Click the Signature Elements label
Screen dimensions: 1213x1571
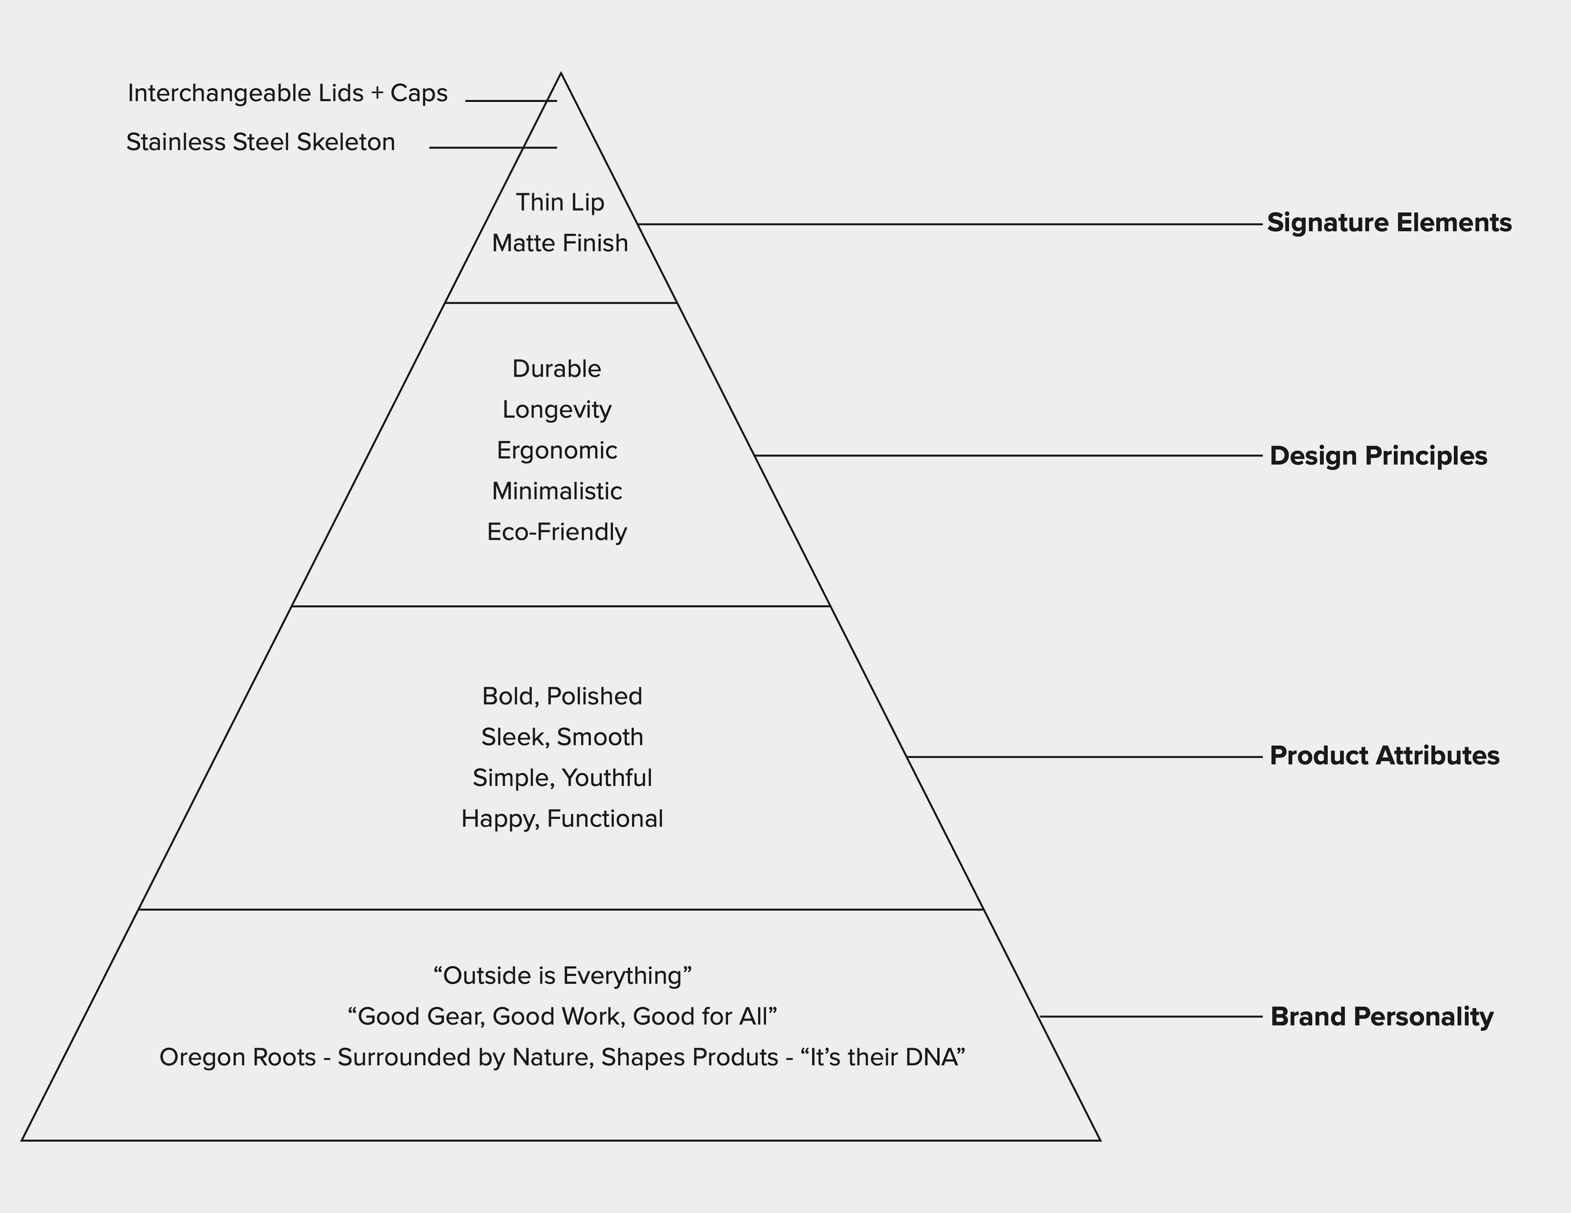(1389, 223)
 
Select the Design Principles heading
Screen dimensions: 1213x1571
(1378, 456)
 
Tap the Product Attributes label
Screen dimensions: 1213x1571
(1384, 756)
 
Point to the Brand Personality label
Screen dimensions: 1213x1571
(1382, 1017)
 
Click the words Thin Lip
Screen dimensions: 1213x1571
(560, 203)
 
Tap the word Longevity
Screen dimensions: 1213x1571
(557, 410)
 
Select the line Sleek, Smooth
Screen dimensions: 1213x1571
(562, 738)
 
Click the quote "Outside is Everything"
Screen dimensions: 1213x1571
(562, 976)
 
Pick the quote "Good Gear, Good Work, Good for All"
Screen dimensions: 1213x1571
(562, 1017)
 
